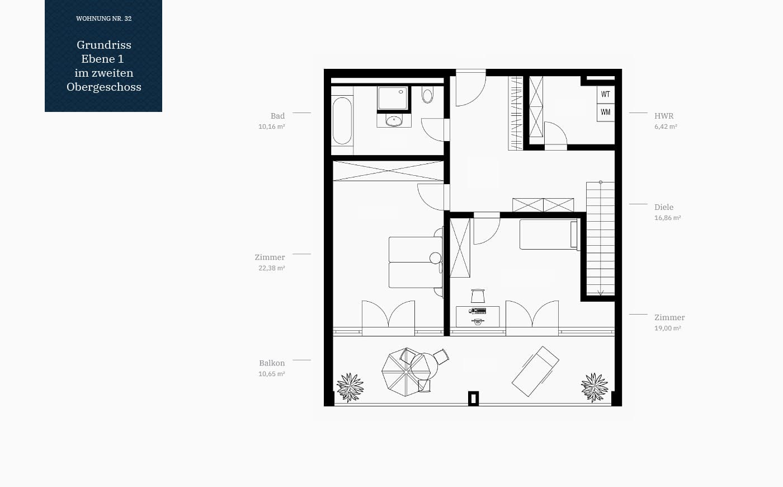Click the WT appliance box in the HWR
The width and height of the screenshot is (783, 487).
point(605,95)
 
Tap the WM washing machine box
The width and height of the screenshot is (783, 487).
point(605,113)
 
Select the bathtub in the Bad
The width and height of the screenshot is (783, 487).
point(342,121)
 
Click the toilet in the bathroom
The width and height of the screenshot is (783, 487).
point(427,95)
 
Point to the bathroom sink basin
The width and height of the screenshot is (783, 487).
point(394,121)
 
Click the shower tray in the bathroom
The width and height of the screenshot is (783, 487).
point(393,99)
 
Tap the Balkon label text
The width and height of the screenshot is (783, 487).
point(272,363)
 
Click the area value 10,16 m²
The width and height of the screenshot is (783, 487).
point(272,127)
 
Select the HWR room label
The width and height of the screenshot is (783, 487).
point(664,116)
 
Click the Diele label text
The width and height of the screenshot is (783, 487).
point(664,207)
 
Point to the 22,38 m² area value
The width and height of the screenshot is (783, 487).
point(272,268)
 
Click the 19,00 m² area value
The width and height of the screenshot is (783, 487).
point(668,328)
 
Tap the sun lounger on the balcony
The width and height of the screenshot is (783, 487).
point(535,372)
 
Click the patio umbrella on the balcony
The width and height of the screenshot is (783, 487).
point(405,372)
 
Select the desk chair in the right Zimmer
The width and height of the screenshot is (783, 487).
point(478,296)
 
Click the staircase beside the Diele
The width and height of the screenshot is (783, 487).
point(600,238)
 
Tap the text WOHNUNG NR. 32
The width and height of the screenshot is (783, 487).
point(104,18)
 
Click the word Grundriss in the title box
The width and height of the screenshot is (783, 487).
point(104,45)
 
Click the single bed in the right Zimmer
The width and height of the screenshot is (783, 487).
point(549,235)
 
